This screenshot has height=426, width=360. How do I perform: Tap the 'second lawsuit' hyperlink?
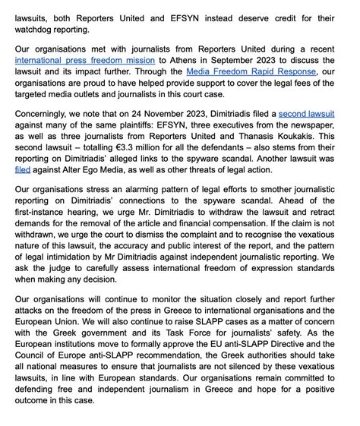coord(306,114)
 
